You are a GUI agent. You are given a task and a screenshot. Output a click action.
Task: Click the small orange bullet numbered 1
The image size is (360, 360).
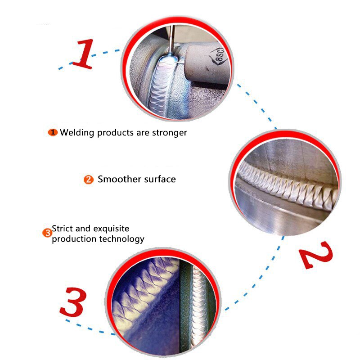point(53,132)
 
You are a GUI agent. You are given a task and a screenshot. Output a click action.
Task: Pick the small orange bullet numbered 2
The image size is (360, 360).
point(89,180)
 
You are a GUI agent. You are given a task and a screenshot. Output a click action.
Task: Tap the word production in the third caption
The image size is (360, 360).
point(72,239)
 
